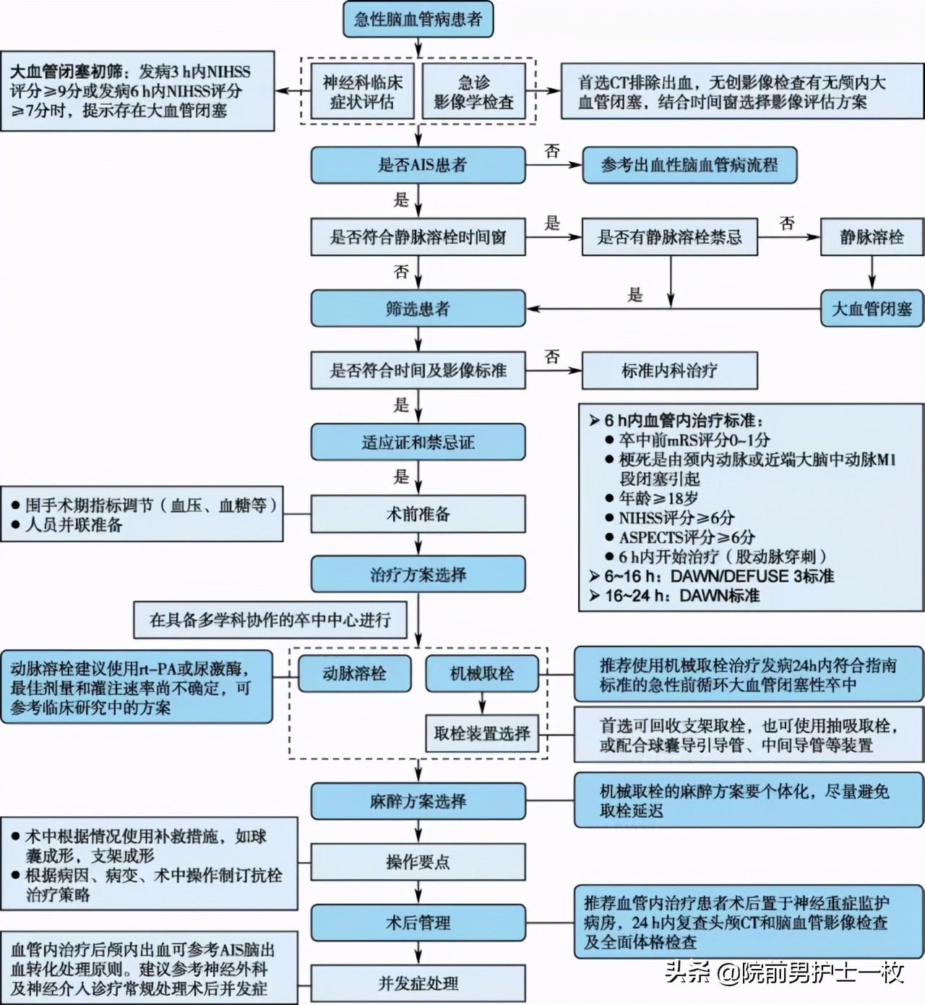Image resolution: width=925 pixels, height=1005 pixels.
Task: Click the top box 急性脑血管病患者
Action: click(418, 20)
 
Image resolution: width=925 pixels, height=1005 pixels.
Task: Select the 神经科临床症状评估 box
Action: click(362, 92)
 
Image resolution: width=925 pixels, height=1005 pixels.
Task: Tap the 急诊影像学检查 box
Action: click(473, 92)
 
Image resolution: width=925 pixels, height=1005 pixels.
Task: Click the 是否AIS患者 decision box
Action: click(418, 165)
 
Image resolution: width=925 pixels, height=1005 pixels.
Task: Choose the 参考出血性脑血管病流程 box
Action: click(689, 165)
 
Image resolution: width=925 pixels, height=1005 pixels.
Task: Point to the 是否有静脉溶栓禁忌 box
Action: click(669, 237)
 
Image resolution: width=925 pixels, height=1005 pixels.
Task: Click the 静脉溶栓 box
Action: click(872, 237)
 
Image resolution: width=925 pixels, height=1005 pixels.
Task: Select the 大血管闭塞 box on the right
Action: click(872, 309)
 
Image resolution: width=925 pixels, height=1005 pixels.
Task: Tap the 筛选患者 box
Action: click(418, 309)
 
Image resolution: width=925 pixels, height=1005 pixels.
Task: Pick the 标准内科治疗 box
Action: click(669, 371)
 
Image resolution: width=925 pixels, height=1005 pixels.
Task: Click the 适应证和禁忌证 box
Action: click(418, 442)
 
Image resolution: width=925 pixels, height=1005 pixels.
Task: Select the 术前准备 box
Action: click(418, 514)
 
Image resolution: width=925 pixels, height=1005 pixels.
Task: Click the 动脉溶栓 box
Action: click(354, 674)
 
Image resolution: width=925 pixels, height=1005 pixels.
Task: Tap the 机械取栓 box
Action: click(481, 674)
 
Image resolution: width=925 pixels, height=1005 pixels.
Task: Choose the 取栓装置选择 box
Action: click(481, 733)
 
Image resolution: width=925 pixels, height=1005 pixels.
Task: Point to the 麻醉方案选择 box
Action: click(418, 801)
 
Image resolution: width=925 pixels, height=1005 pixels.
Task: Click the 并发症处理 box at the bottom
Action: click(418, 983)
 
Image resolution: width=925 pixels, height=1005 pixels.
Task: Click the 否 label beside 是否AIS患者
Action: click(552, 151)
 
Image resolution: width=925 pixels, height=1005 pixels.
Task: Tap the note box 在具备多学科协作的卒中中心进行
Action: click(270, 620)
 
